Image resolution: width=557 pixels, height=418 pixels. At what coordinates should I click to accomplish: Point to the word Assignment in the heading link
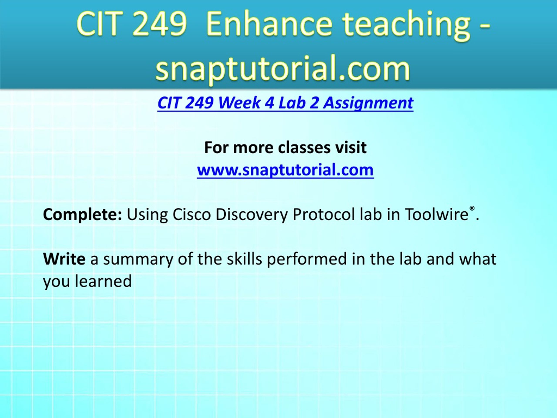click(368, 104)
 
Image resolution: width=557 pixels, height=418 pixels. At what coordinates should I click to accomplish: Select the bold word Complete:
click(83, 215)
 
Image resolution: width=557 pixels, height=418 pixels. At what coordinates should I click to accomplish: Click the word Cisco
click(192, 214)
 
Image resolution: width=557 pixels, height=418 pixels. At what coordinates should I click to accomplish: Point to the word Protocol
click(324, 214)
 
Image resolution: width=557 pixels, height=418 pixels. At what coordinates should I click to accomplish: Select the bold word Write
click(64, 259)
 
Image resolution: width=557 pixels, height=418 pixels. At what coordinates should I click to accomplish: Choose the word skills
click(244, 259)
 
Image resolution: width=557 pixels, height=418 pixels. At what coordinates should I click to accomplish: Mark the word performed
click(307, 260)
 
